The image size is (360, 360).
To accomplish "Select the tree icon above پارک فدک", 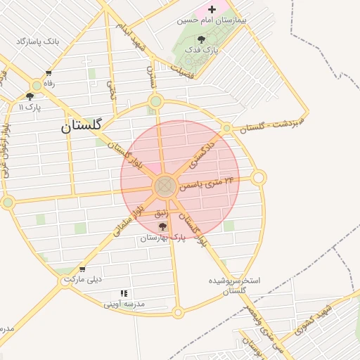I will click(x=202, y=39).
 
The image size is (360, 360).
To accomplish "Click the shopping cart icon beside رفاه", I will click(x=49, y=73).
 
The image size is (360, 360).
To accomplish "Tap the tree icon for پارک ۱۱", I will click(x=30, y=96).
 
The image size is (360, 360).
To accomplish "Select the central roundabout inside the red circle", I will click(x=165, y=186).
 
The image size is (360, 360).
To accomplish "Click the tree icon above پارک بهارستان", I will click(x=163, y=226).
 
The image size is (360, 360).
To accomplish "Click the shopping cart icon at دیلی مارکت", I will click(x=82, y=269).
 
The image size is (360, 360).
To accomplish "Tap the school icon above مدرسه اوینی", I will click(x=124, y=293).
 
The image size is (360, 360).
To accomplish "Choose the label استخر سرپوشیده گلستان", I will click(x=234, y=285).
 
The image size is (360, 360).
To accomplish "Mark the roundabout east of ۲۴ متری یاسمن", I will click(x=258, y=178).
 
